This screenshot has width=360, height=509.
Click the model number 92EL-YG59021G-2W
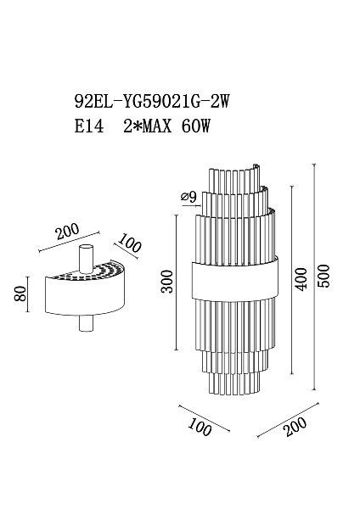click(x=152, y=101)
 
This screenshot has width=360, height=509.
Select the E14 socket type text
click(x=89, y=126)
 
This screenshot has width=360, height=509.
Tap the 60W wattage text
click(x=196, y=126)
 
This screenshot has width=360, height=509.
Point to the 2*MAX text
click(x=148, y=126)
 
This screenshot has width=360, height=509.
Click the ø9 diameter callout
click(x=189, y=197)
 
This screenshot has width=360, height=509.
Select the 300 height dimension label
click(x=167, y=281)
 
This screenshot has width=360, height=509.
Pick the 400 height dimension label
click(x=300, y=279)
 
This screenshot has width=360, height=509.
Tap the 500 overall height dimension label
click(x=323, y=276)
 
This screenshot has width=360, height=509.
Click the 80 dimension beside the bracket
click(x=20, y=294)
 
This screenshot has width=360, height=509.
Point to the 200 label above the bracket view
click(x=67, y=231)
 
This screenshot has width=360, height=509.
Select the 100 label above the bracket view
click(x=129, y=243)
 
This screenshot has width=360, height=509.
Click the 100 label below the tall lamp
click(x=200, y=427)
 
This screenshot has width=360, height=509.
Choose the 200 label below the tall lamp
click(x=295, y=426)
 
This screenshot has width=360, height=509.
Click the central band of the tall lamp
click(x=235, y=280)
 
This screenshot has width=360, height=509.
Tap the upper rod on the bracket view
click(x=87, y=258)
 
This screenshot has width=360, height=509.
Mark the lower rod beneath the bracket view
click(x=86, y=323)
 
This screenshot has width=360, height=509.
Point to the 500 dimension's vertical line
click(x=314, y=277)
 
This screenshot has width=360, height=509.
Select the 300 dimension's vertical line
click(x=177, y=282)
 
